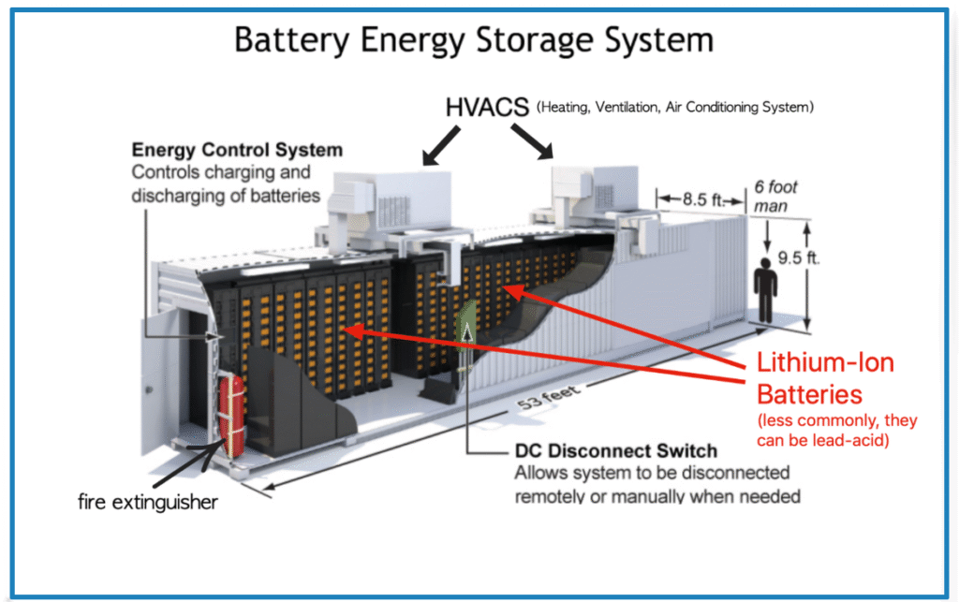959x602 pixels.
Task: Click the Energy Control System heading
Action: coord(237,150)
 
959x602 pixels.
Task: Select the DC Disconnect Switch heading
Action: coord(615,451)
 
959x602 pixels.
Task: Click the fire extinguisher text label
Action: coord(147,503)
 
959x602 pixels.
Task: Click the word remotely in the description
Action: coord(553,495)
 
